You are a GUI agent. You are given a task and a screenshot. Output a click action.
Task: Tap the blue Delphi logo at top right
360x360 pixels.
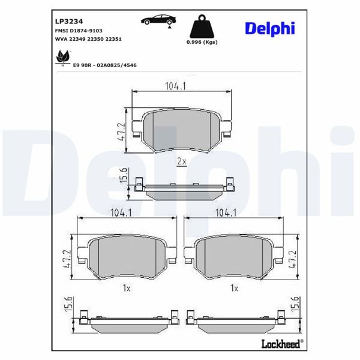tap(270, 28)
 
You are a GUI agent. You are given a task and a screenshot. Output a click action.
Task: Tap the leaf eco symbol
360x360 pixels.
tap(61, 58)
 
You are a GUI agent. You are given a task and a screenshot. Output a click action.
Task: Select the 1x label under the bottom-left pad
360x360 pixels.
tap(125, 289)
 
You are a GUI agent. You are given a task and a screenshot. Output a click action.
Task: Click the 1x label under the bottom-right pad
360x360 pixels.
tap(235, 289)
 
